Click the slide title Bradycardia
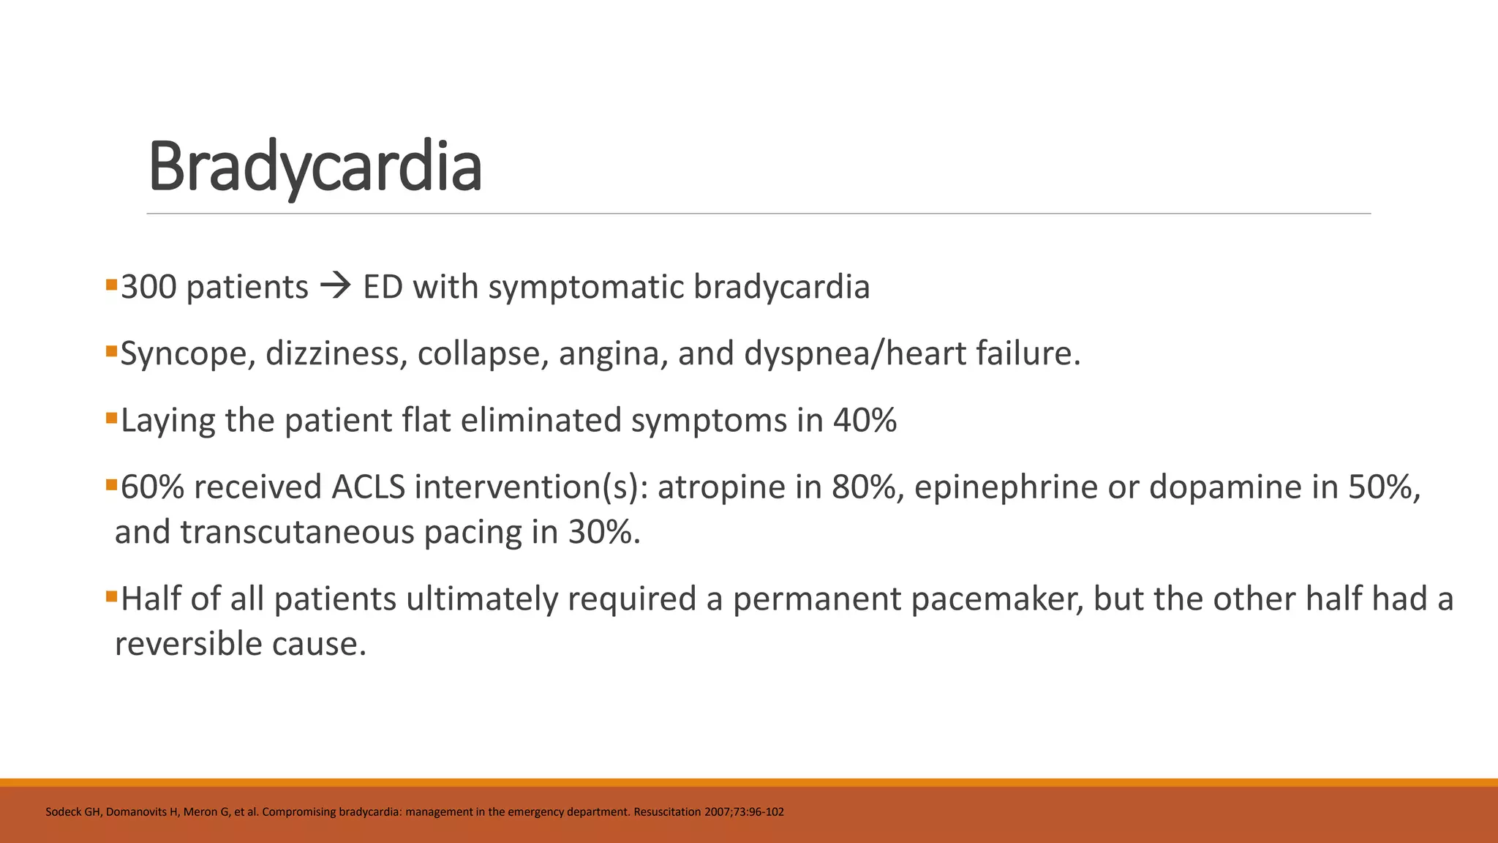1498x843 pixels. [x=315, y=167]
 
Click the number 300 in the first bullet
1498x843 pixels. [x=148, y=287]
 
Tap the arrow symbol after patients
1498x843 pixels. [x=336, y=286]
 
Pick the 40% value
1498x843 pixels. [x=865, y=421]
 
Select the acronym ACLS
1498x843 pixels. [x=368, y=487]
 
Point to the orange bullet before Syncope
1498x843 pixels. [x=111, y=351]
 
